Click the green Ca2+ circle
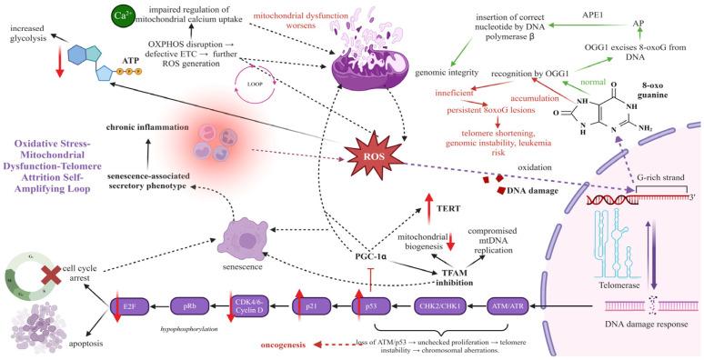point(119,16)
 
